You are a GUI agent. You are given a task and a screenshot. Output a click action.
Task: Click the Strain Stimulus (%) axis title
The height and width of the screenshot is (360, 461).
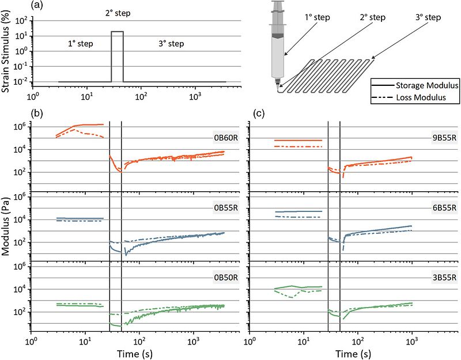coord(6,53)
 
